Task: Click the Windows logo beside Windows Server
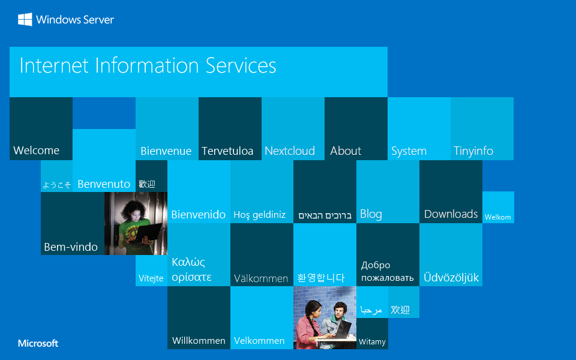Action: (x=25, y=20)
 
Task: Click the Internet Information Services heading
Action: (x=148, y=65)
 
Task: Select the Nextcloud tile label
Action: (x=290, y=151)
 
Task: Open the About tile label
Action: (x=346, y=151)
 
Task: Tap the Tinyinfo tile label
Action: (x=473, y=151)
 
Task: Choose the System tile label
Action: (x=409, y=151)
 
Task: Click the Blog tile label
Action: (x=371, y=214)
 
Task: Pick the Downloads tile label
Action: (x=451, y=214)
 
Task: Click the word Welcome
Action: (x=37, y=151)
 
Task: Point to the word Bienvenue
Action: (x=166, y=151)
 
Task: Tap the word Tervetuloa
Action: (x=227, y=151)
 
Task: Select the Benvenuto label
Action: (x=104, y=184)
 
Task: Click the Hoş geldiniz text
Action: (x=259, y=215)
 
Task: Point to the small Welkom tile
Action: (x=498, y=217)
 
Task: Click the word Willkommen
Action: (x=199, y=341)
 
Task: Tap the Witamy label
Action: (x=372, y=342)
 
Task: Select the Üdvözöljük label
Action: (x=451, y=278)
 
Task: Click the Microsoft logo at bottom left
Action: (x=38, y=344)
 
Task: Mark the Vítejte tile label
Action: (x=151, y=278)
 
